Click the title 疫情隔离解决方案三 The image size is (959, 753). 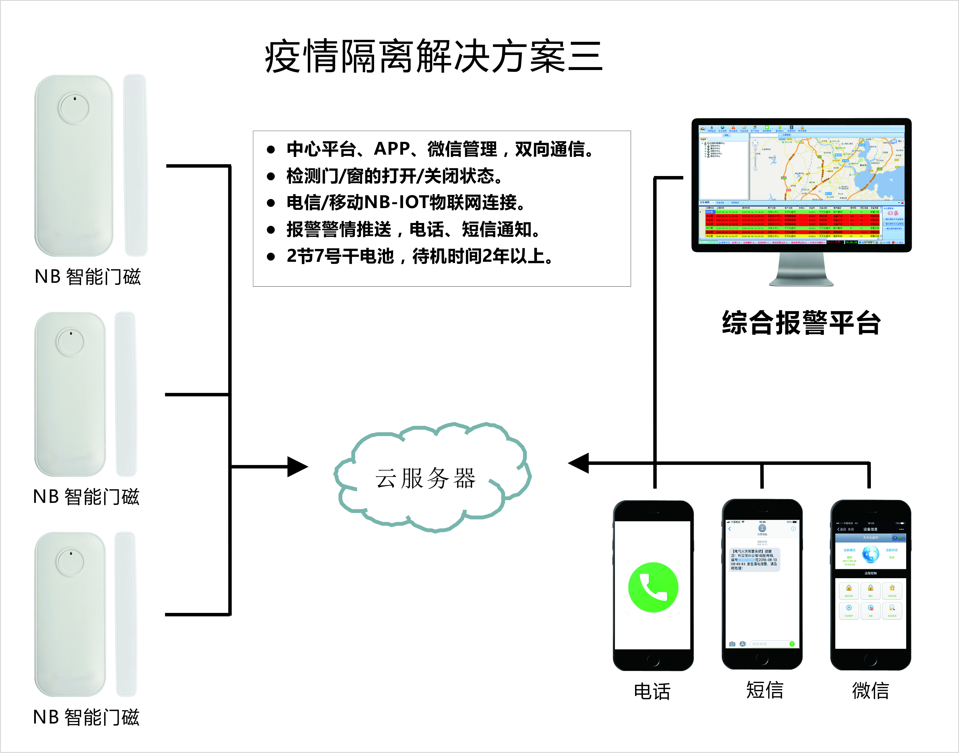click(434, 56)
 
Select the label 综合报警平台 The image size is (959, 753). click(801, 323)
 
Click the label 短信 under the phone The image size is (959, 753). click(764, 690)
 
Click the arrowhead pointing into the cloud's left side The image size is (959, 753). click(298, 466)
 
